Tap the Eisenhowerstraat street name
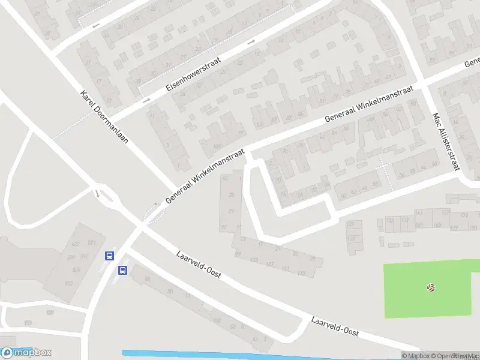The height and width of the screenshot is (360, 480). click(194, 75)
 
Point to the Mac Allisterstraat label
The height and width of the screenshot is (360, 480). click(446, 142)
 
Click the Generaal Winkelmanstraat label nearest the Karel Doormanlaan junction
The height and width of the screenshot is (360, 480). click(206, 176)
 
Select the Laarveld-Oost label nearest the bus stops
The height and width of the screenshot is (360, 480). click(199, 264)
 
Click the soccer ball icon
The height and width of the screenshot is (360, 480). click(430, 288)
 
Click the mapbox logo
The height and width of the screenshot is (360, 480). click(26, 352)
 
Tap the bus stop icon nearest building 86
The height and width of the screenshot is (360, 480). click(122, 270)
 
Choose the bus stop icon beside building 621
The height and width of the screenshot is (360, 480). click(109, 256)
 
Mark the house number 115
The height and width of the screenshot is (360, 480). click(301, 274)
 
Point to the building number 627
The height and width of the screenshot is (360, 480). click(76, 244)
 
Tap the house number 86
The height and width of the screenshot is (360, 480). click(147, 279)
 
